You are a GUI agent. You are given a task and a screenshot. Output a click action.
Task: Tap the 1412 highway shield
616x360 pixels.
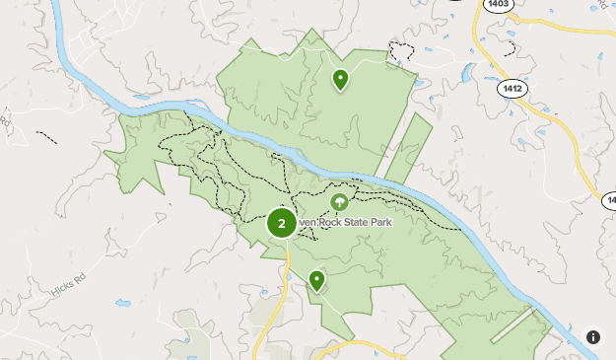513,89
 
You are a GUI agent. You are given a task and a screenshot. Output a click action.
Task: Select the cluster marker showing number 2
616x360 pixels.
282,224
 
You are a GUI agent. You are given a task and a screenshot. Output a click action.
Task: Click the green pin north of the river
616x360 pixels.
340,79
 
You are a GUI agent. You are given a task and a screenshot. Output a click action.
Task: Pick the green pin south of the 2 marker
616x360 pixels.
316,281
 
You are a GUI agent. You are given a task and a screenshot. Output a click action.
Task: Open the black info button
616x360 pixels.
593,337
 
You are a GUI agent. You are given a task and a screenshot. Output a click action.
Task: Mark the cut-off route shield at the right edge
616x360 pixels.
609,200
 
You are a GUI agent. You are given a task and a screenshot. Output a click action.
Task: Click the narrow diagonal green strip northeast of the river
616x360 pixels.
408,148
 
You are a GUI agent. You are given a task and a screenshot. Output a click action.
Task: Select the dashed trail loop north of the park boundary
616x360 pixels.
400,52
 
